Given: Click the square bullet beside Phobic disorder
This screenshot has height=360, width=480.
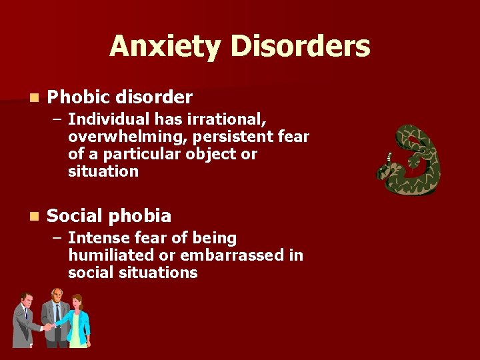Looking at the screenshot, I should pos(34,98).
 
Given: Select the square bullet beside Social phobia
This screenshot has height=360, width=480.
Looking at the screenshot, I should pos(34,217).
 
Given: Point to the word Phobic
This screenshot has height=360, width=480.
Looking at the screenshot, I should pos(79,97).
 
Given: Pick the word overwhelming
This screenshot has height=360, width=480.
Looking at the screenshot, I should pos(123,137).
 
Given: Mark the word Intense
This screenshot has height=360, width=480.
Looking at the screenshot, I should pos(97,238).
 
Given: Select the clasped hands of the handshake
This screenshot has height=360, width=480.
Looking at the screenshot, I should pos(48,327).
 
